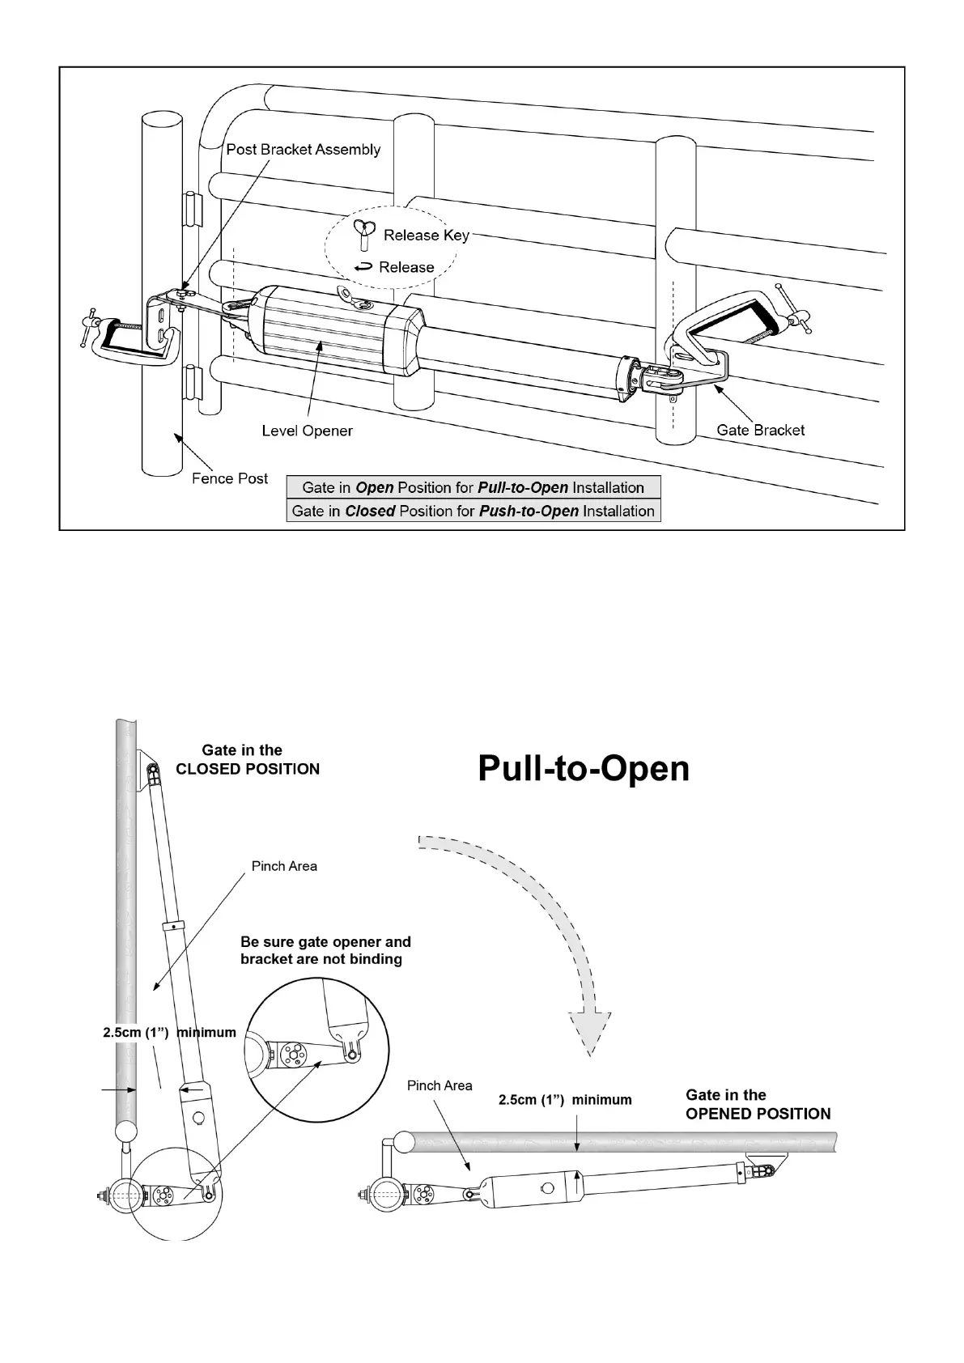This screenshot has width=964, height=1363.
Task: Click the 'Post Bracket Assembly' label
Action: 303,150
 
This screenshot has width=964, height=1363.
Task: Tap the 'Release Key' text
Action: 426,236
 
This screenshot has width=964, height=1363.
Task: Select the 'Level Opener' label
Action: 307,431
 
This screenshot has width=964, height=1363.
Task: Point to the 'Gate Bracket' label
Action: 760,430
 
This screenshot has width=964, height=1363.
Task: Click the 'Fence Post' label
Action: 230,478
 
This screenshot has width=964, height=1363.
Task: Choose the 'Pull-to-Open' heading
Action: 583,768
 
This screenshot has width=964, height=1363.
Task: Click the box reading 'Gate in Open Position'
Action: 474,487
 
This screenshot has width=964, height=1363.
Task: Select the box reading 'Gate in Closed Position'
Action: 474,511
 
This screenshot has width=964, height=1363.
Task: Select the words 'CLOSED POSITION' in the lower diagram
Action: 248,769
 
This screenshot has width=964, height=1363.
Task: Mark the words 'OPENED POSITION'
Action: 758,1114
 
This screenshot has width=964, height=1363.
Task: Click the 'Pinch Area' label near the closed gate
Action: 284,866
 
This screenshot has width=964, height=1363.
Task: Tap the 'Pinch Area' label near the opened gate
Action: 440,1085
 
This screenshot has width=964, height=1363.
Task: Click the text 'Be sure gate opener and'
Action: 325,942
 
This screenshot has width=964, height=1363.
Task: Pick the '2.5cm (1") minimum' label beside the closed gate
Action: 169,1033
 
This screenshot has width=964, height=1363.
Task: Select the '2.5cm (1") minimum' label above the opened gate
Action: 564,1100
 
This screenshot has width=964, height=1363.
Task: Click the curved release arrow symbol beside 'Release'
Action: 364,267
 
